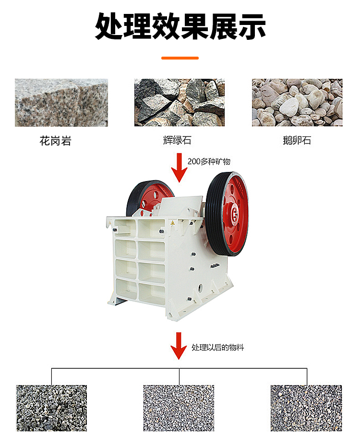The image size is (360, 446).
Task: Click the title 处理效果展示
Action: (x=180, y=26)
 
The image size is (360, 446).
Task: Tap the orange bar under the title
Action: (x=180, y=58)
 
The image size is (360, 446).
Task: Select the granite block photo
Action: (x=61, y=103)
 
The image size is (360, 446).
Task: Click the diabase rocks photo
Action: (x=180, y=102)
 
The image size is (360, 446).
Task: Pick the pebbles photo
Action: (x=297, y=102)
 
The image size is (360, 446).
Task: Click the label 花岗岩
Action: (x=56, y=141)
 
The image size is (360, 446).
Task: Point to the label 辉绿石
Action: (x=177, y=140)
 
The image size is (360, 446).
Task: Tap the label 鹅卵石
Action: (x=297, y=140)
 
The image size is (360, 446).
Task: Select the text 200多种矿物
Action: (x=209, y=162)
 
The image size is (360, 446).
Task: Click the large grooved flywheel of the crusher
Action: (x=227, y=214)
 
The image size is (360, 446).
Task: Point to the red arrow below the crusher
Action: (x=179, y=346)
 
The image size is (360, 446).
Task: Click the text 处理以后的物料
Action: (x=218, y=347)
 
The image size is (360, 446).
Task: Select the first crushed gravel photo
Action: (x=51, y=408)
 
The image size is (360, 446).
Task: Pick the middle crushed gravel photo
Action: (x=179, y=408)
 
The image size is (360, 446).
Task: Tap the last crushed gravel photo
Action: (x=306, y=408)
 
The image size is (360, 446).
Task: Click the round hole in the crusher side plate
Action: (x=201, y=287)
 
